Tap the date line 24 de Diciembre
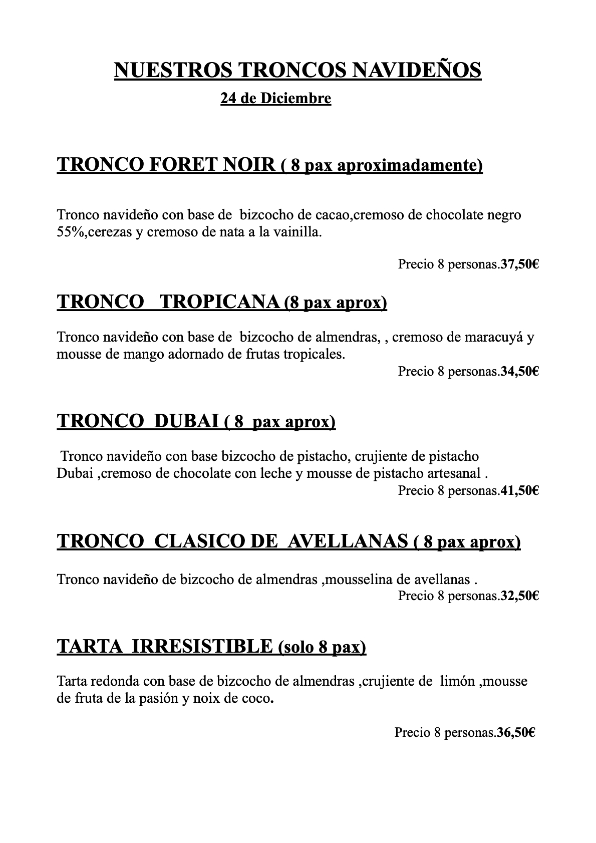275,99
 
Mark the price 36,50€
516,733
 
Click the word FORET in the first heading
183,164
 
